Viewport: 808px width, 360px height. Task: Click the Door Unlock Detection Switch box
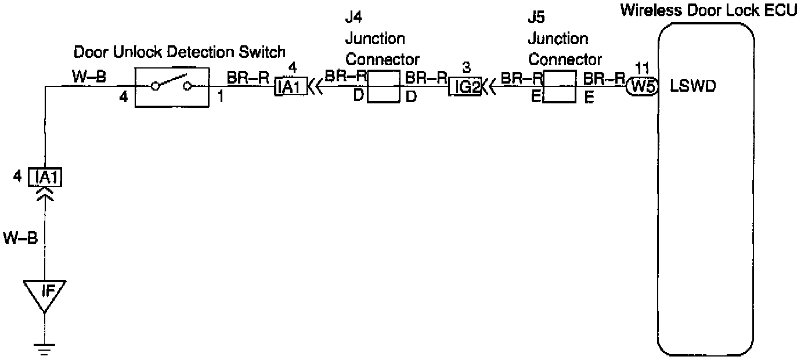click(x=171, y=87)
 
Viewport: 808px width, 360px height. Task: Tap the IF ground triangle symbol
click(x=45, y=292)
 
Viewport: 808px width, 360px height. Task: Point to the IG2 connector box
click(x=464, y=87)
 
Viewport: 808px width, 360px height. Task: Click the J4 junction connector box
click(x=384, y=87)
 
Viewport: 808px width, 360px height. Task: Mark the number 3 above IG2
click(x=465, y=67)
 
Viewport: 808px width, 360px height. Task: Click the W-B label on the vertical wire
click(x=21, y=238)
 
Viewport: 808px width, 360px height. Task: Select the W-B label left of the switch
click(x=88, y=76)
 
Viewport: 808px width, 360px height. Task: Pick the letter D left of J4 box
click(x=359, y=96)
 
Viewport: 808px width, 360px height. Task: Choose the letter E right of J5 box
click(x=589, y=99)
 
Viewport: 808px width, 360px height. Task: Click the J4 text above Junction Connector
click(x=353, y=17)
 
